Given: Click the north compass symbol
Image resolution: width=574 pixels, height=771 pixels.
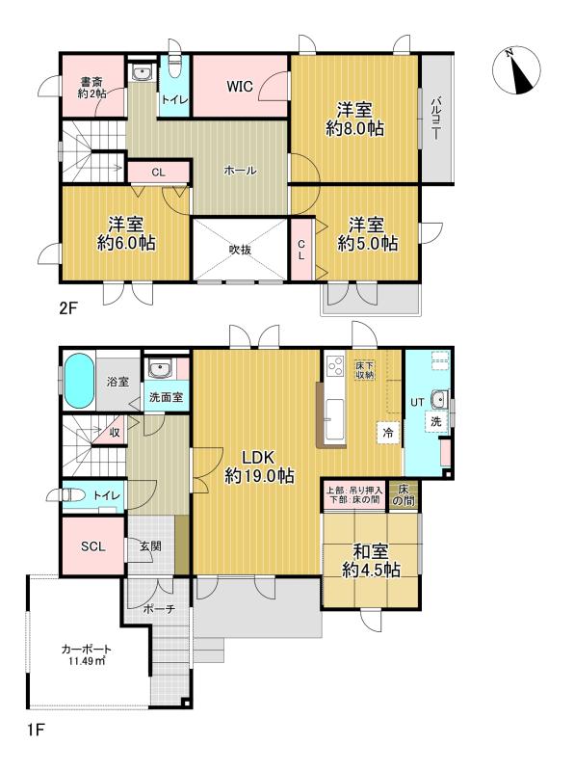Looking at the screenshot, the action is pos(516,70).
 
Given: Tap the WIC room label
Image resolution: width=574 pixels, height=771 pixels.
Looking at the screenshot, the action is pos(240,87).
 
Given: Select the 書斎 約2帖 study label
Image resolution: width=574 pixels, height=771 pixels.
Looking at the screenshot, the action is pos(91,88).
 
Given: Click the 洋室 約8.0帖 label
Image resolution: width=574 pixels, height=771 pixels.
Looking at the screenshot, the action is pos(354,119).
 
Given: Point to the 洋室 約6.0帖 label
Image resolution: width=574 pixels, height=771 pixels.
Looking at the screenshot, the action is pos(126,233).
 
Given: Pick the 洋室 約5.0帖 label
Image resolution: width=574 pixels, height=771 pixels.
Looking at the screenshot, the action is pos(367,234).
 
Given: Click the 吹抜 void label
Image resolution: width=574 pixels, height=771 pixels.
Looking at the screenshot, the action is pos(241,250).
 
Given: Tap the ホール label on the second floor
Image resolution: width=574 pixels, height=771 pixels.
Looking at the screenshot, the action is pos(240,171).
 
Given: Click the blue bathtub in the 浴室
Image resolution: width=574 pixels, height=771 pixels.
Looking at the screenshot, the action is pos(79,381).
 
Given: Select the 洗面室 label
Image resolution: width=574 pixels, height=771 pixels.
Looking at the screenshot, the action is pos(166,396).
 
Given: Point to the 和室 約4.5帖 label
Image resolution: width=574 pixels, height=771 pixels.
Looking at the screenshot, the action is pos(371,561).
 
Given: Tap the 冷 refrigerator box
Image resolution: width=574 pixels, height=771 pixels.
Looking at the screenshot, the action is pos(388,433).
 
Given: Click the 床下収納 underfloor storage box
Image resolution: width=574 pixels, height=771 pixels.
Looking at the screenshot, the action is pos(365,370).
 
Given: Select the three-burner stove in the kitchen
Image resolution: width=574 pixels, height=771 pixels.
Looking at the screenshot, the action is pos(336,365).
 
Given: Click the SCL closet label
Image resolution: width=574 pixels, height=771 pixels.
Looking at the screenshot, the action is pos(92,546).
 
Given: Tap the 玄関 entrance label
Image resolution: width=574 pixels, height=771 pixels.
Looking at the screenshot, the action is pos(150,545).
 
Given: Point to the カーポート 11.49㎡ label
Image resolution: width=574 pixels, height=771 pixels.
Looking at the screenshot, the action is pos(87,654).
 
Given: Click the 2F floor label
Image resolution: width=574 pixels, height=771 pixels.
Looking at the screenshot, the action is pos(68,307).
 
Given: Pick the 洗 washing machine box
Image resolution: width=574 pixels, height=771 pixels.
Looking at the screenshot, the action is pos(436,421).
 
